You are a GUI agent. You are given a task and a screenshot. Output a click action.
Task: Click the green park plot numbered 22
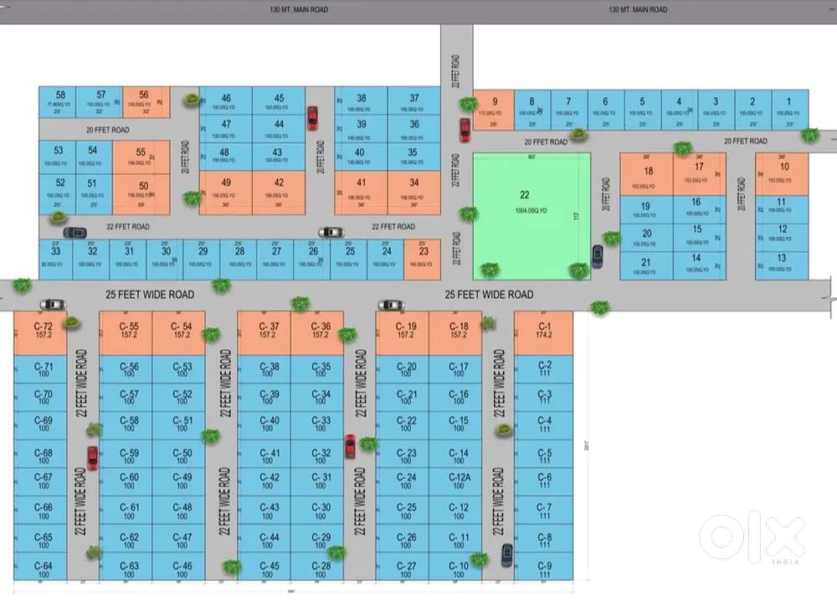531,215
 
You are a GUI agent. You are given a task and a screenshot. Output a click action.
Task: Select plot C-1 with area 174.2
544,331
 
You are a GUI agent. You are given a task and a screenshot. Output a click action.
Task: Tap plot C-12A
459,481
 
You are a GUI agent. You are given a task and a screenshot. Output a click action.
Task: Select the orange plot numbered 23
424,258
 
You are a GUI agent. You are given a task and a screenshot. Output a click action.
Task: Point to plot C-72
41,331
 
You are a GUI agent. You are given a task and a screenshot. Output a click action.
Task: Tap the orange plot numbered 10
783,173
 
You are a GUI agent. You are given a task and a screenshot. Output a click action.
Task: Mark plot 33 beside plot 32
55,258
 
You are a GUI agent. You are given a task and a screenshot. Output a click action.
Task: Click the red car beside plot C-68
92,458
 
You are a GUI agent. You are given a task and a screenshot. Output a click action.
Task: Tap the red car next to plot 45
312,117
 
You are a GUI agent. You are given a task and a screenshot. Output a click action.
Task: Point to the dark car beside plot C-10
506,553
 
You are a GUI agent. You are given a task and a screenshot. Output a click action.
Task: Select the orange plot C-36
320,331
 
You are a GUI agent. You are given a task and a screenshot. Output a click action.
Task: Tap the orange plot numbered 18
648,175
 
